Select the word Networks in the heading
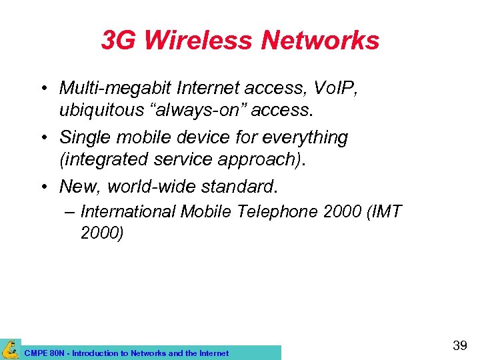[x=320, y=41]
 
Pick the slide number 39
[x=459, y=345]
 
